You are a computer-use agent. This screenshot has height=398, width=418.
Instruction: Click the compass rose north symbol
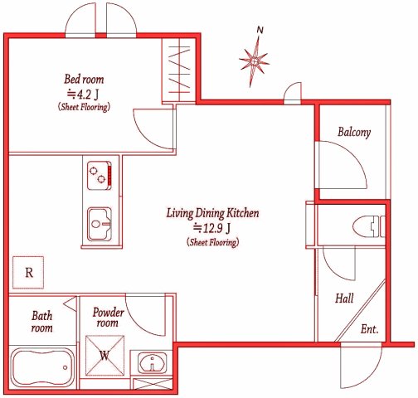tap(254, 61)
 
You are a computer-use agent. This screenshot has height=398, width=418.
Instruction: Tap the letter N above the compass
tap(260, 30)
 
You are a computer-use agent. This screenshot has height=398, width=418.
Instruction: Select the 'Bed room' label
tap(84, 80)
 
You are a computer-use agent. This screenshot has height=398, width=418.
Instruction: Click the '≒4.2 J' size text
tap(83, 95)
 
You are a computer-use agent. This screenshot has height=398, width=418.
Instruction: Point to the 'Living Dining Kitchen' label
tap(213, 213)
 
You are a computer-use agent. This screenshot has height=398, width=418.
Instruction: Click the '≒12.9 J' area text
tap(212, 228)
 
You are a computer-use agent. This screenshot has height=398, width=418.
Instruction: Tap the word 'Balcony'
tap(354, 132)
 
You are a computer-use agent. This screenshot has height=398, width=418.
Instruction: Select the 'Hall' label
tap(344, 298)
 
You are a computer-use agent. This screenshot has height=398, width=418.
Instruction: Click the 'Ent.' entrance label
tap(369, 329)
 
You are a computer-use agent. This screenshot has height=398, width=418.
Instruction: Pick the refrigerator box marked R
tap(28, 273)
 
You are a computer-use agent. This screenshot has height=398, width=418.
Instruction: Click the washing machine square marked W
tap(104, 356)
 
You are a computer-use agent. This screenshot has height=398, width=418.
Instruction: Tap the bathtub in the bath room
tap(43, 367)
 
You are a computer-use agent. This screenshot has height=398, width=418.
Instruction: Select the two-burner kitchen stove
tap(100, 176)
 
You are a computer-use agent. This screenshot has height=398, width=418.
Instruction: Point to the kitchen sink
tap(100, 224)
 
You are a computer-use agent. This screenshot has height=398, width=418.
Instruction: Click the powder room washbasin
tap(153, 362)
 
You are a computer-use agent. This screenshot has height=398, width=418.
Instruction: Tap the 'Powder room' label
tap(108, 318)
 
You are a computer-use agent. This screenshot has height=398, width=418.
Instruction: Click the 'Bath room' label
tap(41, 322)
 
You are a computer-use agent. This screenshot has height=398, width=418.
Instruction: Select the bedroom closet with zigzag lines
tap(179, 70)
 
